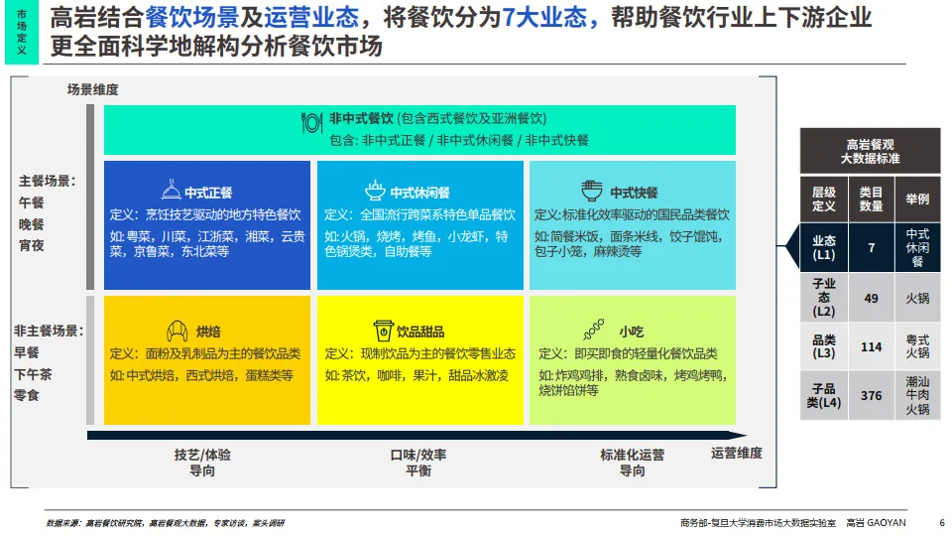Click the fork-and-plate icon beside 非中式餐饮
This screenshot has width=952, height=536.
click(311, 122)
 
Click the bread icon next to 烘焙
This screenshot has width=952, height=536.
click(178, 331)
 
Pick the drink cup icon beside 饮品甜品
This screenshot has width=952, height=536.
click(382, 331)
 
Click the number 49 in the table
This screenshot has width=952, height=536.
click(871, 297)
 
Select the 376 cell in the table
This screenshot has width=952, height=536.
click(871, 395)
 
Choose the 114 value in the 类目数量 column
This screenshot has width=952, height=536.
click(871, 346)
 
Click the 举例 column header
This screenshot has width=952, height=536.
click(917, 199)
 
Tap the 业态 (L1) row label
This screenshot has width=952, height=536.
click(824, 248)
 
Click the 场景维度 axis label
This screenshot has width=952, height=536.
click(93, 89)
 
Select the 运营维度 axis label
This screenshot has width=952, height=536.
click(736, 454)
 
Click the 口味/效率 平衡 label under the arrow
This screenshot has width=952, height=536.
click(417, 463)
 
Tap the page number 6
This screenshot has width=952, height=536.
click(941, 523)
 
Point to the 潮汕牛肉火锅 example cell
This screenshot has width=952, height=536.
click(917, 395)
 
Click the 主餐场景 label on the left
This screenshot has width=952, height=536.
click(47, 181)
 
